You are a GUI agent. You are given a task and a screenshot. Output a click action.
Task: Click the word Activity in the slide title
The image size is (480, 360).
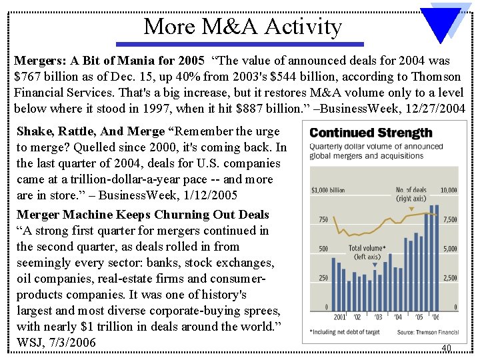pos(303,27)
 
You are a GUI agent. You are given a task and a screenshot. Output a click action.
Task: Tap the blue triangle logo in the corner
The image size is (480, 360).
pos(445,26)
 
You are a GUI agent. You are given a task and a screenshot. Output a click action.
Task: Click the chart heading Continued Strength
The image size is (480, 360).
pos(371,134)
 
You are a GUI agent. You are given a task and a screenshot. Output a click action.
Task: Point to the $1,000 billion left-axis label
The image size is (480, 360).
pos(329,190)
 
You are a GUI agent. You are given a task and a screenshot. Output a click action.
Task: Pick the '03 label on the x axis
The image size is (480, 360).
pos(377,317)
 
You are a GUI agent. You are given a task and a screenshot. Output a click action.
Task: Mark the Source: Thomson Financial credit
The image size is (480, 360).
pos(428,332)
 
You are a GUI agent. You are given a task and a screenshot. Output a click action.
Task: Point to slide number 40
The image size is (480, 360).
pos(446,347)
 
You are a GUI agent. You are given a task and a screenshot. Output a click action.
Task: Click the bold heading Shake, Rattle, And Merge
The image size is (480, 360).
pos(91,131)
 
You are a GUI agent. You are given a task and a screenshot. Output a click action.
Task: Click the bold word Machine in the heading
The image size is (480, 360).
pos(91,215)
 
